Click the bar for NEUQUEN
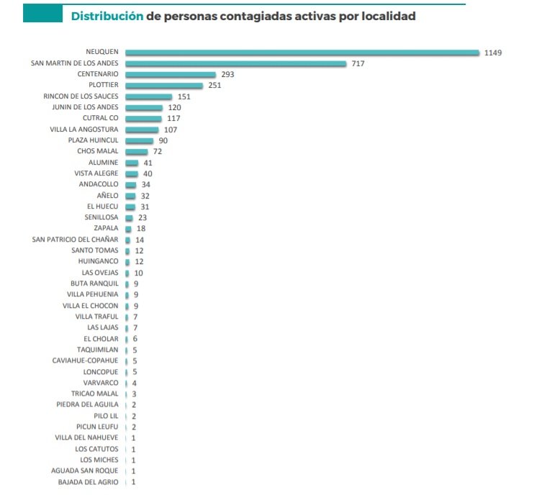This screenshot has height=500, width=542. click(x=302, y=52)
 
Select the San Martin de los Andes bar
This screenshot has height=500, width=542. click(x=236, y=63)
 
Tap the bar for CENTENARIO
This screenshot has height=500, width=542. click(x=171, y=74)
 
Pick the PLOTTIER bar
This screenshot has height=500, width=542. click(x=164, y=85)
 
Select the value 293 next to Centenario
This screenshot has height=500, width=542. click(x=228, y=74)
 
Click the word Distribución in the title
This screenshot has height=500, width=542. click(x=107, y=15)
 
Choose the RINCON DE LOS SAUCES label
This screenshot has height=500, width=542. click(x=81, y=96)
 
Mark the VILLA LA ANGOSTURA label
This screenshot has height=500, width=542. click(x=83, y=129)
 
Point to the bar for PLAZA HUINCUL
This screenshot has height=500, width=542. click(x=140, y=140)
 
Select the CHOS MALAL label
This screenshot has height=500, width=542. click(x=98, y=151)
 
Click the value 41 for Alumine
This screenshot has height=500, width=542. click(x=148, y=163)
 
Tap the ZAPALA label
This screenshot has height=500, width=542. click(x=107, y=228)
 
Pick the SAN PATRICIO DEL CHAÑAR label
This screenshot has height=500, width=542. click(x=76, y=240)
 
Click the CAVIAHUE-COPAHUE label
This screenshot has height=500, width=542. click(x=86, y=360)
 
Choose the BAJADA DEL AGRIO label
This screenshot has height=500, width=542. click(x=88, y=481)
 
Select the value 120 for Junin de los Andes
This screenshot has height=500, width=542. click(x=175, y=107)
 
